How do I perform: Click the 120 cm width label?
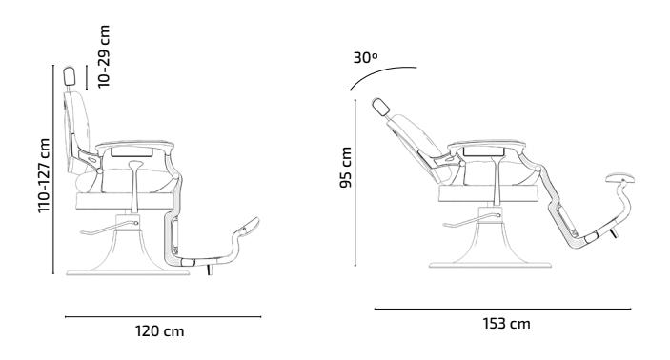click(x=160, y=331)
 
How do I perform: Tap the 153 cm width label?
click(x=507, y=324)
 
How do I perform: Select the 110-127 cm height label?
click(x=44, y=175)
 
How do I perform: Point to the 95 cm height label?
click(x=346, y=168)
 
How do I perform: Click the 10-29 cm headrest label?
click(x=104, y=57)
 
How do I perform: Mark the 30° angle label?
click(x=366, y=58)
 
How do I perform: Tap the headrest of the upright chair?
click(x=70, y=76)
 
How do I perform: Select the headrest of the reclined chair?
click(x=380, y=107)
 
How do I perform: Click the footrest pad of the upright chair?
click(x=247, y=225)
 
